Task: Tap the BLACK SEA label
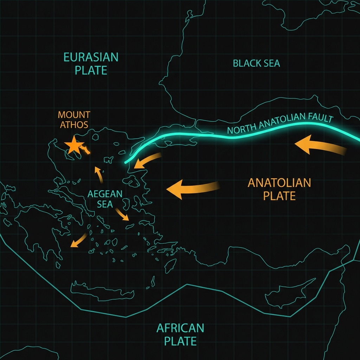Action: pos(256,63)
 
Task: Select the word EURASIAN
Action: pos(91,57)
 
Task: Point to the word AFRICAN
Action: pos(180,328)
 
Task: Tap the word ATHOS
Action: pos(74,124)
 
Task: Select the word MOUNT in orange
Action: pos(74,115)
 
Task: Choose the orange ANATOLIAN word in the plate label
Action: pos(279,183)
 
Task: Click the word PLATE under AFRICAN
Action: pos(180,341)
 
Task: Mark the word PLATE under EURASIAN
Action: pos(91,70)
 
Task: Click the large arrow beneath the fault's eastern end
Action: pos(320,146)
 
